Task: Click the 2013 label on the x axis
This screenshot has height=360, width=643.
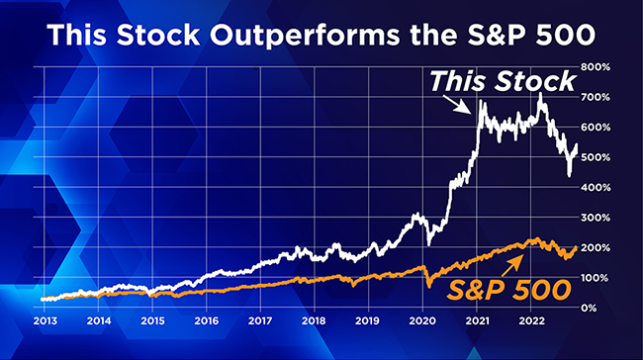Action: click(43, 322)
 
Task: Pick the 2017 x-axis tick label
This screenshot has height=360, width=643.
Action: click(260, 322)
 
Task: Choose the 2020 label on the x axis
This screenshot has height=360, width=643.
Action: click(423, 322)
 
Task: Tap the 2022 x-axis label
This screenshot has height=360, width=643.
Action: click(532, 322)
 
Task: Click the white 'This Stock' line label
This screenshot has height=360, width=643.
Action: click(502, 81)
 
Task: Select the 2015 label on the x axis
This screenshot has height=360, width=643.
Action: click(151, 322)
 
